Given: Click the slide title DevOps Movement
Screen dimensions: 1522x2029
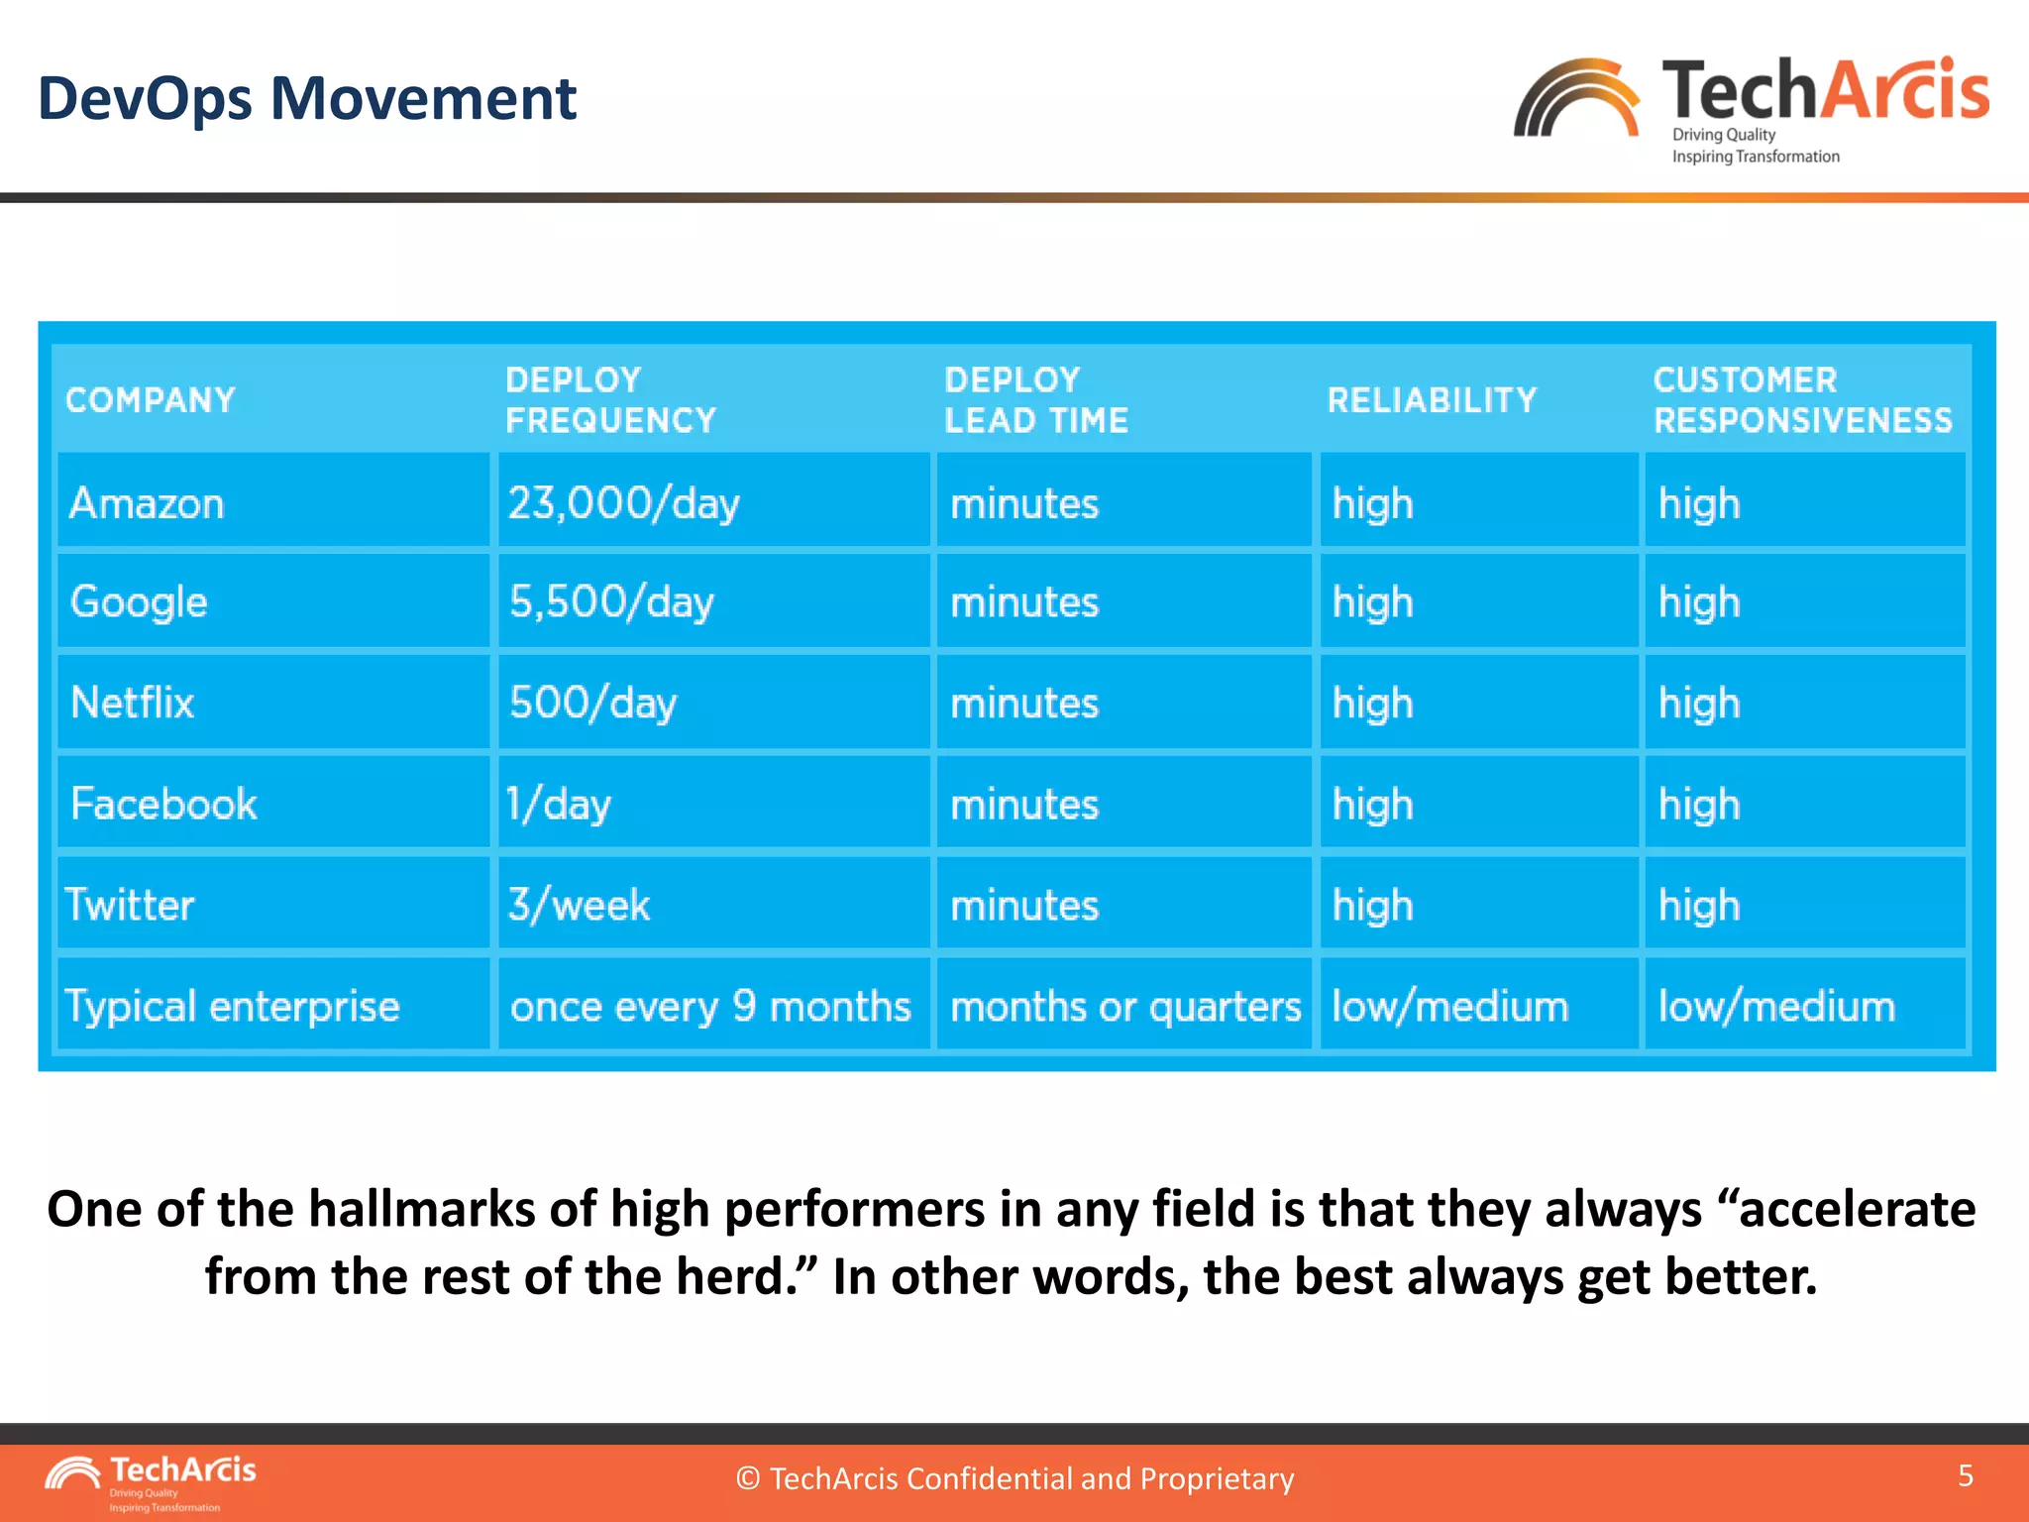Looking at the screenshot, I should [306, 99].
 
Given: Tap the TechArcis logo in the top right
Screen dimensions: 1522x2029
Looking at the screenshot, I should [1751, 107].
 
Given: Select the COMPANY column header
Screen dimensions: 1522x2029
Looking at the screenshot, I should [151, 400].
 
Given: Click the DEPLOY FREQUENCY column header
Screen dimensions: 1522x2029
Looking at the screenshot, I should [610, 400].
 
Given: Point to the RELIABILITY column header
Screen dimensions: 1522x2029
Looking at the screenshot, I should [1432, 400].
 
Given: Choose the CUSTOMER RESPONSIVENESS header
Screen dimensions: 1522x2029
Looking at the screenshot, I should [1802, 400].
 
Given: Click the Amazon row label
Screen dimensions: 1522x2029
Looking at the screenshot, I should [147, 503].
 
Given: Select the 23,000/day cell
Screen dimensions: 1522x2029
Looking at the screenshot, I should [624, 503].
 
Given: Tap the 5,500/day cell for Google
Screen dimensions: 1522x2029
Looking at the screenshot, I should [611, 601].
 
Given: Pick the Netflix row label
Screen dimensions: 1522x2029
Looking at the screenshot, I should [133, 703].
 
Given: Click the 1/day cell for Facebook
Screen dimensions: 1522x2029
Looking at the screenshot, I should [559, 804].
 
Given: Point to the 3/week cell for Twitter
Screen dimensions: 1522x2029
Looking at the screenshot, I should [580, 905].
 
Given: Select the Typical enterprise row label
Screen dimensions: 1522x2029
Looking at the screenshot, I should [232, 1006].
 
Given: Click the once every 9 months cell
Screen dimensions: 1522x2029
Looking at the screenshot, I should [710, 1007].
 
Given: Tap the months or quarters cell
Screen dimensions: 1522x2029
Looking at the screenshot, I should [1125, 1007].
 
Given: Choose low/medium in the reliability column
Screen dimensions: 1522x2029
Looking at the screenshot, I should [1450, 1007].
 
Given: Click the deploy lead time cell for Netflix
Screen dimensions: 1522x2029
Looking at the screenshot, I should [1024, 704].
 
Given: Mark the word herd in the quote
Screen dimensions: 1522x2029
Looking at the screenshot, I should [733, 1276].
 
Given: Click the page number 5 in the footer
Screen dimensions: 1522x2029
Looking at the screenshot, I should [1966, 1475].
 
